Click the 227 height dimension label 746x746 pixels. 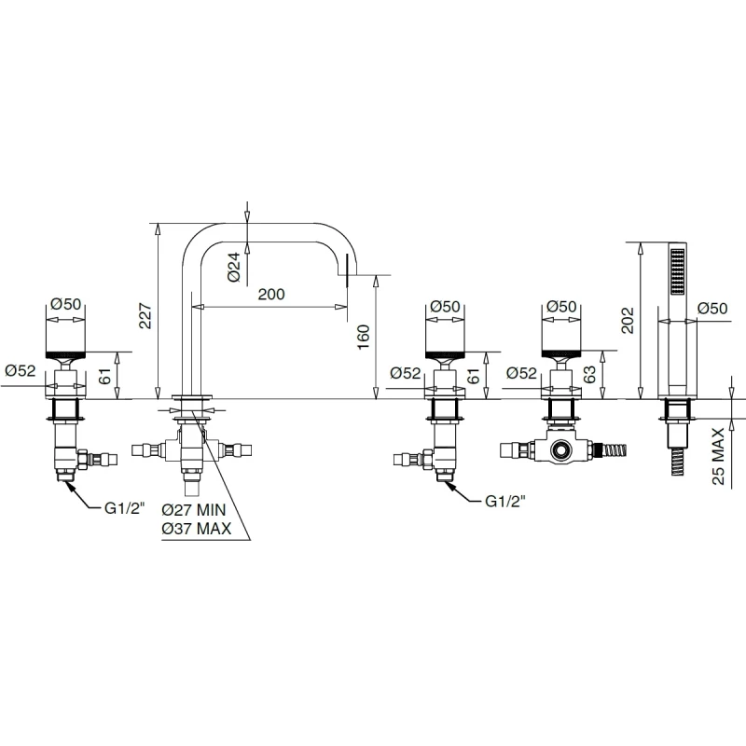pos(145,316)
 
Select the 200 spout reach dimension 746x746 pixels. pos(271,294)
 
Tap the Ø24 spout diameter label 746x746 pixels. pos(234,268)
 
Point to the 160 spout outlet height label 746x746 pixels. pos(363,337)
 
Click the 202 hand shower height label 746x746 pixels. pos(628,320)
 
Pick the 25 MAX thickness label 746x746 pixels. pos(718,456)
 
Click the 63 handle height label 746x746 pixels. pos(589,375)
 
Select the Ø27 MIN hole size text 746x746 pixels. pos(194,510)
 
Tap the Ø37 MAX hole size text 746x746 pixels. pos(196,529)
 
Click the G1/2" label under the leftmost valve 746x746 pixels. pos(124,508)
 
